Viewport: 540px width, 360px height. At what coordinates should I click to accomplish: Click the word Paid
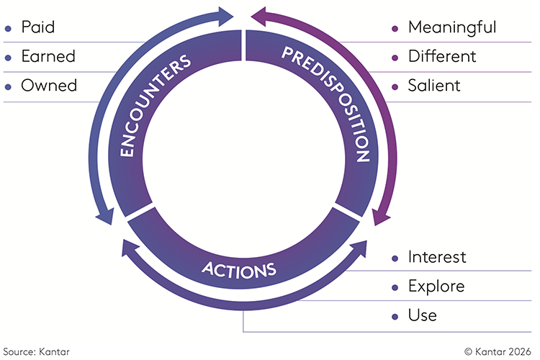coord(38,27)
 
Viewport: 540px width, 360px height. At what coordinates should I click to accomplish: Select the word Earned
coord(48,56)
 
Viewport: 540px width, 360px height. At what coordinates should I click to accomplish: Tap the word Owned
coord(49,86)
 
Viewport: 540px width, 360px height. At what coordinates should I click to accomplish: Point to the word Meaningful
coord(452,27)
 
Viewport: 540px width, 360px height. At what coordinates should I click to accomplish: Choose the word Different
coord(442,56)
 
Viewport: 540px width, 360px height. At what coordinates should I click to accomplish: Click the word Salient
coord(434,86)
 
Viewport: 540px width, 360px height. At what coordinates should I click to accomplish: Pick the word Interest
coord(437,257)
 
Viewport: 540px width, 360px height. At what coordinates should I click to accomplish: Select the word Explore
coord(436,287)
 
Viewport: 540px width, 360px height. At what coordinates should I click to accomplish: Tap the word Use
coord(423,315)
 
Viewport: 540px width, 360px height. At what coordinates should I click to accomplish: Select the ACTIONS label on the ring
coord(239,270)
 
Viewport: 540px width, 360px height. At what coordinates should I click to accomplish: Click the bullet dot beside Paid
coord(8,29)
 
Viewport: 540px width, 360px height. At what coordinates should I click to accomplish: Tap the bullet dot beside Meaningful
coord(395,29)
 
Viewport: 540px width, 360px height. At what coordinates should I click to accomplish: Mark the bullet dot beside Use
coord(395,317)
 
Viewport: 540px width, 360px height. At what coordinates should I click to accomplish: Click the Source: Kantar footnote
coord(36,352)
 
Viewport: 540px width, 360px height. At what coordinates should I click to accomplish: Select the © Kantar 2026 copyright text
coord(498,352)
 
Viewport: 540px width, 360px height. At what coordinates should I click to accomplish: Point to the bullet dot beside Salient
coord(395,87)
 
